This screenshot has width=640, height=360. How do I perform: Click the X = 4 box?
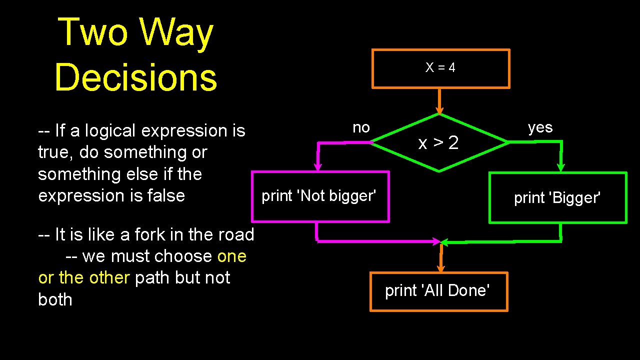pyautogui.click(x=440, y=68)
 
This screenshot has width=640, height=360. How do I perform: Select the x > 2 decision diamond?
pyautogui.click(x=439, y=143)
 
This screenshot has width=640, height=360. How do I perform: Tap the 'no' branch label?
pyautogui.click(x=361, y=127)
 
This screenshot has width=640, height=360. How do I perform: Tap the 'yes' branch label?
pyautogui.click(x=540, y=127)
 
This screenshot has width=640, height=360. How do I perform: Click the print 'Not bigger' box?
pyautogui.click(x=320, y=196)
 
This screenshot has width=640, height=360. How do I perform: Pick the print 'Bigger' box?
pyautogui.click(x=557, y=198)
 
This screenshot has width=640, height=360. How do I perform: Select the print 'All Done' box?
pyautogui.click(x=438, y=291)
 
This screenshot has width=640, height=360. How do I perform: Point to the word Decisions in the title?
pyautogui.click(x=135, y=78)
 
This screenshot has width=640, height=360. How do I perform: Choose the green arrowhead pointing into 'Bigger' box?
pyautogui.click(x=560, y=166)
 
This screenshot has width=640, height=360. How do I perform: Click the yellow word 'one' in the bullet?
pyautogui.click(x=232, y=256)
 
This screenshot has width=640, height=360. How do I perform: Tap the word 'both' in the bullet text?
pyautogui.click(x=55, y=299)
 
